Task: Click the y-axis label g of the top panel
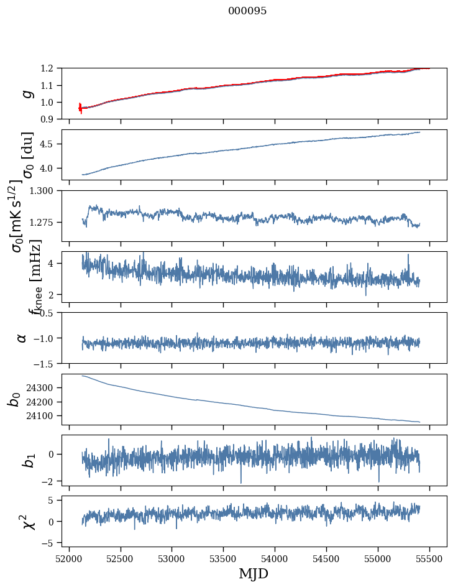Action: (x=27, y=93)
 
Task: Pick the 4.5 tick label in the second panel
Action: (x=53, y=144)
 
